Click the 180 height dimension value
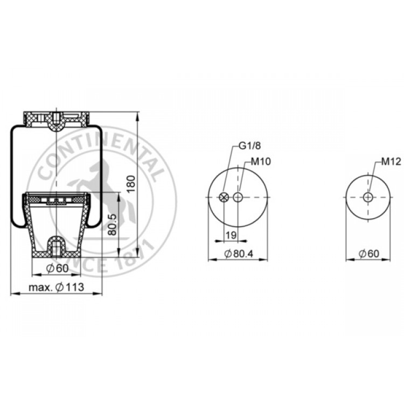(x=131, y=184)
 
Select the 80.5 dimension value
(x=113, y=224)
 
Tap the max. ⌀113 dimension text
(x=57, y=287)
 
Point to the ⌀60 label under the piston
(x=58, y=268)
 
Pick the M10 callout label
(x=261, y=162)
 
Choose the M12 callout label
(x=391, y=162)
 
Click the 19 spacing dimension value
(x=231, y=235)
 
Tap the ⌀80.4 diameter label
(x=239, y=254)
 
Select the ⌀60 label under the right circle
(x=369, y=254)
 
